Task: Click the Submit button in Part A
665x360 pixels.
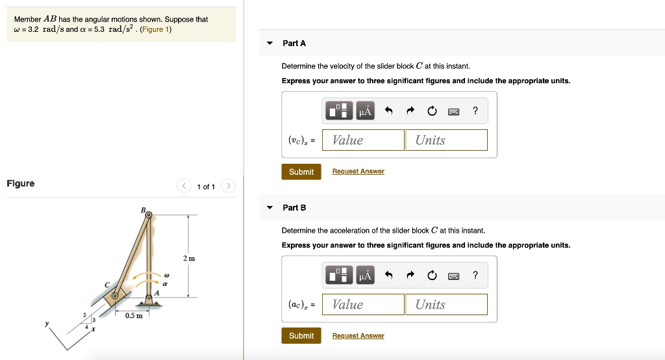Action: (301, 172)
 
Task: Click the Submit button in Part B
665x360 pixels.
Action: (301, 336)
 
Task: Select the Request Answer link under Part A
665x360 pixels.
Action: (358, 172)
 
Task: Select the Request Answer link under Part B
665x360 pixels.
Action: (358, 336)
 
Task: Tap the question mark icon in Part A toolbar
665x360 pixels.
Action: (475, 111)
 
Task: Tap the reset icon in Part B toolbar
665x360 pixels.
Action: (433, 276)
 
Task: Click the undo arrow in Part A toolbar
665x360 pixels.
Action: (389, 111)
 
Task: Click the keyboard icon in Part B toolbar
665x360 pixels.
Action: (454, 276)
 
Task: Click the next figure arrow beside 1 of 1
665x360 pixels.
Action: (228, 186)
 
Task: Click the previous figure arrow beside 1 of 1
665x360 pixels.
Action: (184, 186)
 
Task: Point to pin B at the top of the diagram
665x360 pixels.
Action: (148, 216)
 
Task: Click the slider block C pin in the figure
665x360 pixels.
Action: (115, 296)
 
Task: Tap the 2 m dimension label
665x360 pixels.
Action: (188, 259)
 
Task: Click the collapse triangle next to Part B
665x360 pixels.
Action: (270, 208)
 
